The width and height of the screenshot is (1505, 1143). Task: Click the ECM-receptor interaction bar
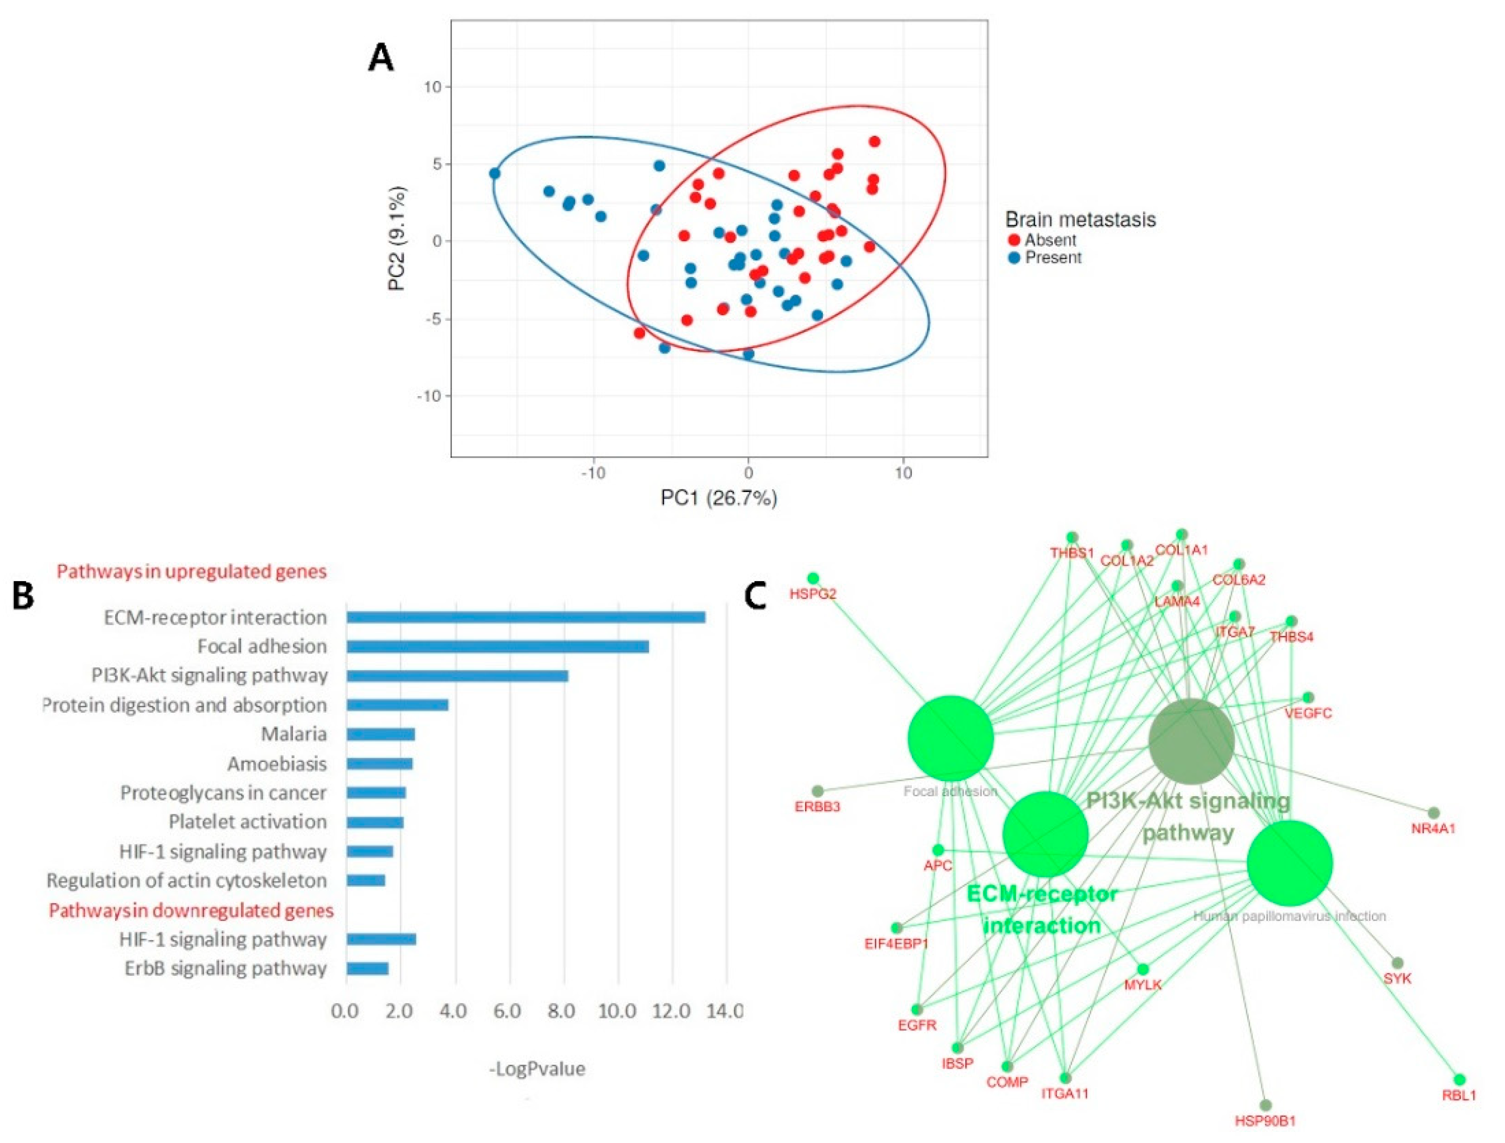tap(525, 617)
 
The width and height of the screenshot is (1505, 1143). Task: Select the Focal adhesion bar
tap(497, 646)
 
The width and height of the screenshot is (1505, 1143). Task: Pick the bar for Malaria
tap(381, 734)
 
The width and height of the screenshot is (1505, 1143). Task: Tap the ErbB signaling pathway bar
tap(367, 968)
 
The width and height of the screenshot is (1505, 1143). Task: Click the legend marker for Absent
tap(1014, 240)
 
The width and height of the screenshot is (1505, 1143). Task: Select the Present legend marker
tap(1014, 258)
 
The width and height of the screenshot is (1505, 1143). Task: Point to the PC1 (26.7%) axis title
tap(718, 498)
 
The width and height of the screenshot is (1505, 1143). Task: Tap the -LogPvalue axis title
tap(537, 1069)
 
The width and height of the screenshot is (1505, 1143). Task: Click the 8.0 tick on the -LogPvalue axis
tap(562, 1011)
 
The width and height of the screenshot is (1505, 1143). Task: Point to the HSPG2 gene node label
tap(812, 594)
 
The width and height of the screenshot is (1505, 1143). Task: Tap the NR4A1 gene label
tap(1433, 829)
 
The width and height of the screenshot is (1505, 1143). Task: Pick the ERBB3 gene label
tap(817, 807)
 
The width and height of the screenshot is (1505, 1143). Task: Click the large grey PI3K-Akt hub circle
tap(1191, 741)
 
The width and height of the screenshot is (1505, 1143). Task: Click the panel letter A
tap(381, 58)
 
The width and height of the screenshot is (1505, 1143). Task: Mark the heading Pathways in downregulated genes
tap(191, 910)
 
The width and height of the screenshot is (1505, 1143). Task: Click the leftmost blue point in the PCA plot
tap(495, 173)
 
